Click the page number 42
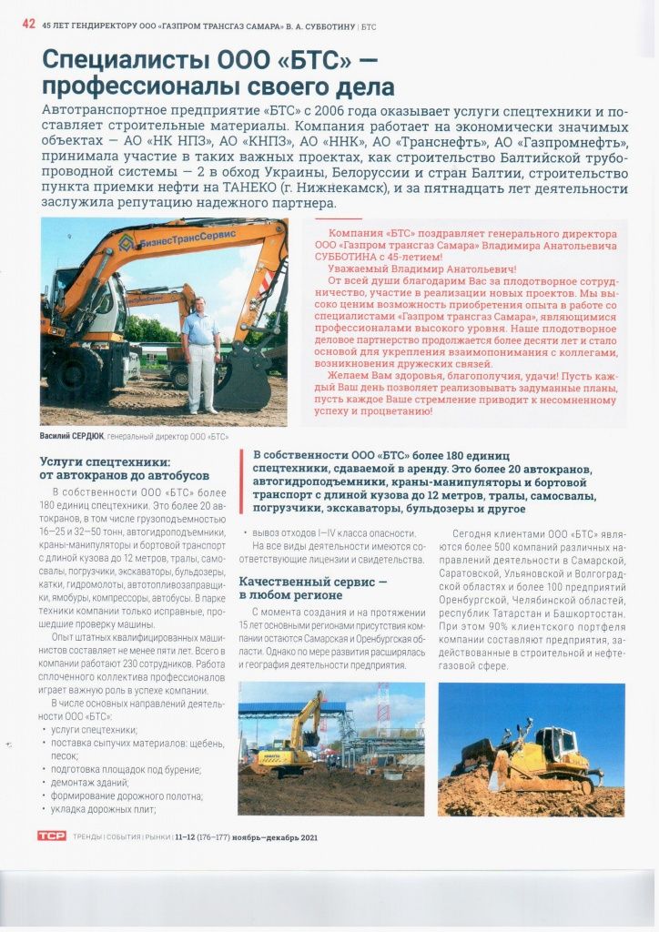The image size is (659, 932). tap(28, 25)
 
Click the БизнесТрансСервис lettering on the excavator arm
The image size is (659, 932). tap(184, 236)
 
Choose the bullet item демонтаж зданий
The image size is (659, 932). tap(90, 782)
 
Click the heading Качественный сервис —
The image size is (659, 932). tap(312, 581)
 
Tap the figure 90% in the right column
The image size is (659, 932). tap(504, 626)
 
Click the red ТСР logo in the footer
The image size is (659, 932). tap(52, 836)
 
